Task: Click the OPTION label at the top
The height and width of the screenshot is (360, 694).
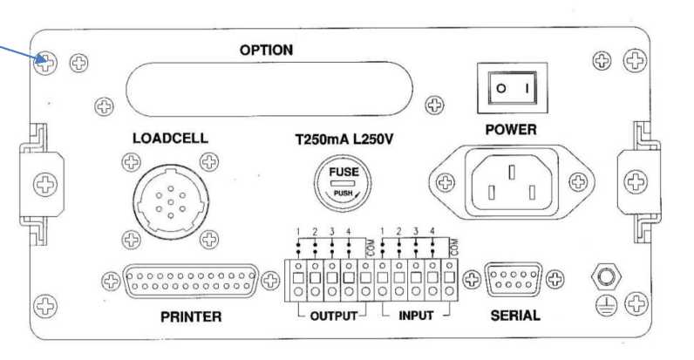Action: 266,51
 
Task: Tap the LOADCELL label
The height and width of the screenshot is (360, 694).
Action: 170,139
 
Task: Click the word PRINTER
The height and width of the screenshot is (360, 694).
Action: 191,316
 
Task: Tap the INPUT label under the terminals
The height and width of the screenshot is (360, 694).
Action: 415,316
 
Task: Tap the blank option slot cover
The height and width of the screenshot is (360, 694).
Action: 266,88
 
